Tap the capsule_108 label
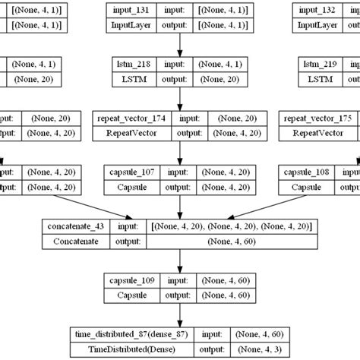[309, 172]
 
